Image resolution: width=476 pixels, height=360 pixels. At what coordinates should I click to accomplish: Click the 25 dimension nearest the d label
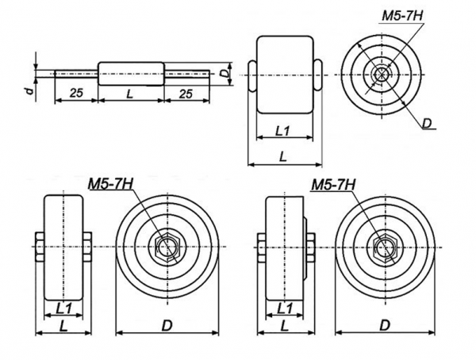(76, 93)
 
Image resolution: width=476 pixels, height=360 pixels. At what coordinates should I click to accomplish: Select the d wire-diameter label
(29, 90)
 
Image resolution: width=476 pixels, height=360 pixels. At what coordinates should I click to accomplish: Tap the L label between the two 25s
(130, 94)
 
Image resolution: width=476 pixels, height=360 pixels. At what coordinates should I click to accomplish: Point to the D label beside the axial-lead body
(224, 74)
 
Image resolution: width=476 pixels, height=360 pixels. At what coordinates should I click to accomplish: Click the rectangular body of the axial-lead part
(131, 74)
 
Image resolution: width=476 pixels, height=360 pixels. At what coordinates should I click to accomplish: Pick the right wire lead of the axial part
(187, 74)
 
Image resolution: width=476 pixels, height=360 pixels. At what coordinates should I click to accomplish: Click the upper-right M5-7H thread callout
(402, 16)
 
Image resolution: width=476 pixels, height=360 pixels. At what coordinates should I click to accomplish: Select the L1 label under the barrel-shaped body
(282, 131)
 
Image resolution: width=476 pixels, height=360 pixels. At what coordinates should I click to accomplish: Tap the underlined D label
(427, 123)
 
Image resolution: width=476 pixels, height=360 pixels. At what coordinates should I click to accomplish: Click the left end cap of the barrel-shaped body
(252, 75)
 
